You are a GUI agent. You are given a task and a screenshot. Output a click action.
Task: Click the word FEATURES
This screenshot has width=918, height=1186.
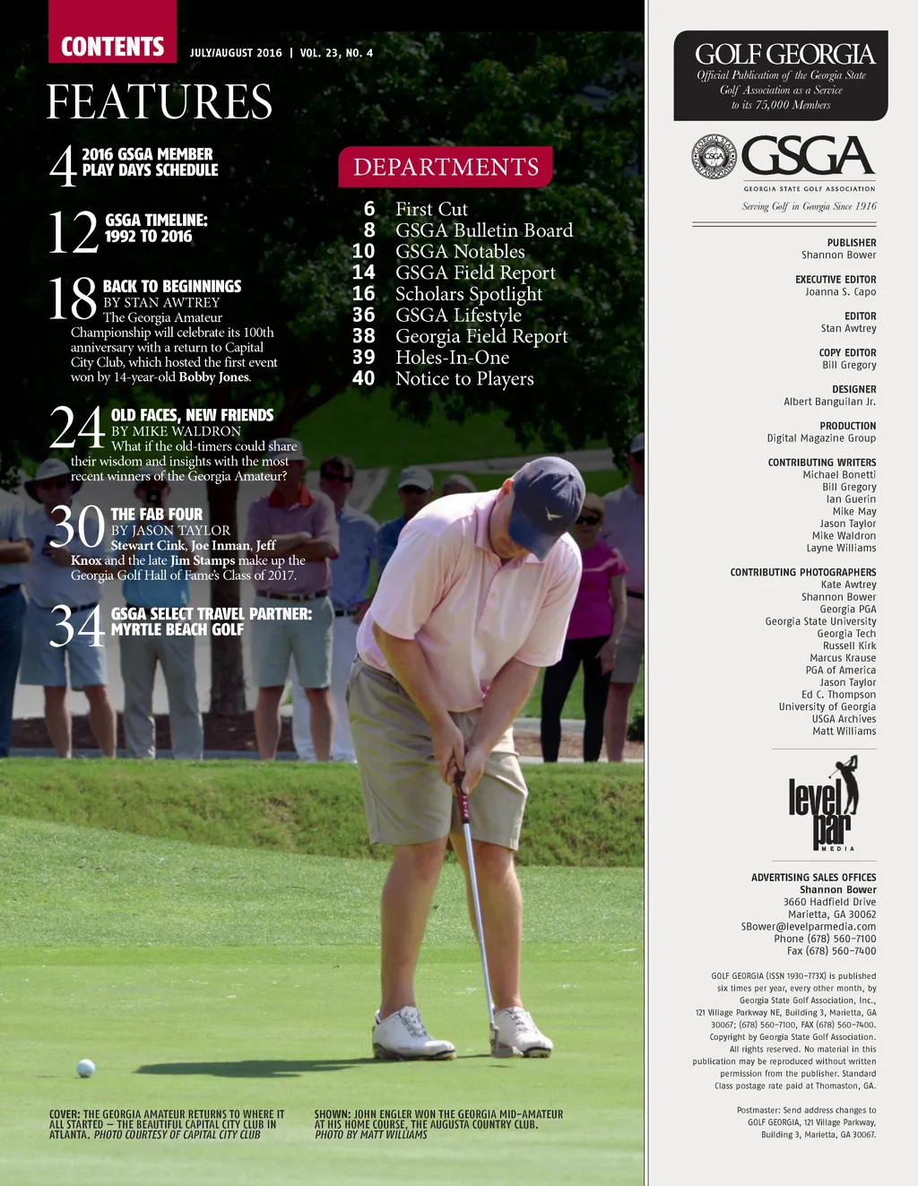pos(160,101)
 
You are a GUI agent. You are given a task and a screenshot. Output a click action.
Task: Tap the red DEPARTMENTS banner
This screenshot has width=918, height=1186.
pos(446,167)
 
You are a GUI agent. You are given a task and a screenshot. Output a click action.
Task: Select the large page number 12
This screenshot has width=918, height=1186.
pos(73,232)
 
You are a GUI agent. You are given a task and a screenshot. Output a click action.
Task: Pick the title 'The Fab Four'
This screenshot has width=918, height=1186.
pos(157,515)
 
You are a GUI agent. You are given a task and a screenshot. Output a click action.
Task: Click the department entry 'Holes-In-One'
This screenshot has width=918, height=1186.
pos(452,358)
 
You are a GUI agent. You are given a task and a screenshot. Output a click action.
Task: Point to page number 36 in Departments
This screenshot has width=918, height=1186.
pos(364,315)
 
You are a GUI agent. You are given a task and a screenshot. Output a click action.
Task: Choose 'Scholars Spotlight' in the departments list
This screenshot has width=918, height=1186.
pos(469,294)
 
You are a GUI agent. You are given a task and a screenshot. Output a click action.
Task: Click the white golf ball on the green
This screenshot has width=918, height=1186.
pos(86,1068)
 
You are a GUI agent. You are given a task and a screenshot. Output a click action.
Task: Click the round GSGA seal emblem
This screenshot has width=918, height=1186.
pos(714,157)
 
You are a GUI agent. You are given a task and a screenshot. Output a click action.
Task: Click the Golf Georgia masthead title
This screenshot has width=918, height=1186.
pos(784,55)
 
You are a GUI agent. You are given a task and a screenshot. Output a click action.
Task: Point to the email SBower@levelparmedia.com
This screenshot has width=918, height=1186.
pos(808,927)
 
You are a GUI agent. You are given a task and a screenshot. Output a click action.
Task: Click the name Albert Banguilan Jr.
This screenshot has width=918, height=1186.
pos(829,402)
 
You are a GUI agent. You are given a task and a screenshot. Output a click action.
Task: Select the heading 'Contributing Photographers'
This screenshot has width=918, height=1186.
pos(803,572)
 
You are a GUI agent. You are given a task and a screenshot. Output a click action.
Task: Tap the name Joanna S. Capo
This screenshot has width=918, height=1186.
pos(840,292)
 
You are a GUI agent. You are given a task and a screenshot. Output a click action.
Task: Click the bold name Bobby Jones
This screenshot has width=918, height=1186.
pos(214,377)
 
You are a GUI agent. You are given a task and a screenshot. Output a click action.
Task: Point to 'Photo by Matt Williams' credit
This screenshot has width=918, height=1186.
pos(371,1135)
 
